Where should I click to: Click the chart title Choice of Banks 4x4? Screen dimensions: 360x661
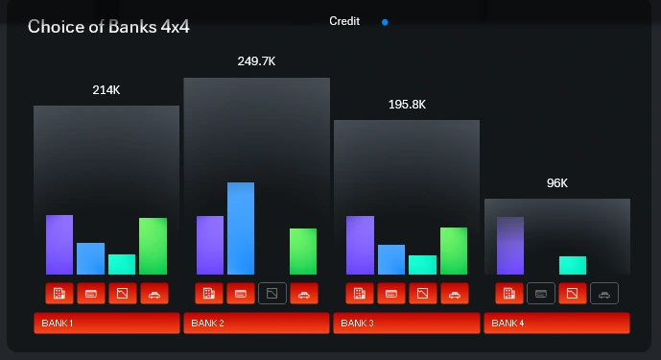pyautogui.click(x=108, y=26)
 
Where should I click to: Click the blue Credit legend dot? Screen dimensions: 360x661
pyautogui.click(x=385, y=21)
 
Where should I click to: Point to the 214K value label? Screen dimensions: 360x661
pyautogui.click(x=106, y=89)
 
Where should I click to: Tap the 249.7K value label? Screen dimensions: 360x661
pyautogui.click(x=256, y=61)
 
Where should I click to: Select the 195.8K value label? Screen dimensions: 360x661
pyautogui.click(x=407, y=104)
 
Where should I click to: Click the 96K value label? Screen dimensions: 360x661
pyautogui.click(x=557, y=183)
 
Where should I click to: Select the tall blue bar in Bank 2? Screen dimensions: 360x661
pyautogui.click(x=241, y=228)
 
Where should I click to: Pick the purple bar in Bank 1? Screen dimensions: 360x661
pyautogui.click(x=59, y=245)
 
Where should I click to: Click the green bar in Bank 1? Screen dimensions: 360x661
pyautogui.click(x=153, y=246)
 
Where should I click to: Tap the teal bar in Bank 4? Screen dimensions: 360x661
pyautogui.click(x=573, y=265)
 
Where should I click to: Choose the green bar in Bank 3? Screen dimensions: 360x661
pyautogui.click(x=454, y=251)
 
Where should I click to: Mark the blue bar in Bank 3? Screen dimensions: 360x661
pyautogui.click(x=391, y=259)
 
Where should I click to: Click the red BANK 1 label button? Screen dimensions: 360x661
pyautogui.click(x=106, y=324)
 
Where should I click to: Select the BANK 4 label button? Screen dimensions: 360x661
pyautogui.click(x=556, y=324)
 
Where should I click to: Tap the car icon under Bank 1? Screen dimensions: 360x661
pyautogui.click(x=153, y=293)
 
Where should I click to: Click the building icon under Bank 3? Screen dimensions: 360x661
pyautogui.click(x=360, y=293)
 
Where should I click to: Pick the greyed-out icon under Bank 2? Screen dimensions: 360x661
pyautogui.click(x=271, y=293)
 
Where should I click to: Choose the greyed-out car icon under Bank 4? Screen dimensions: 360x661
pyautogui.click(x=603, y=293)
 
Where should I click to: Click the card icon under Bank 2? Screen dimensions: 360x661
pyautogui.click(x=241, y=293)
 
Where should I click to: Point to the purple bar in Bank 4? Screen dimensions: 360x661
pyautogui.click(x=510, y=246)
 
